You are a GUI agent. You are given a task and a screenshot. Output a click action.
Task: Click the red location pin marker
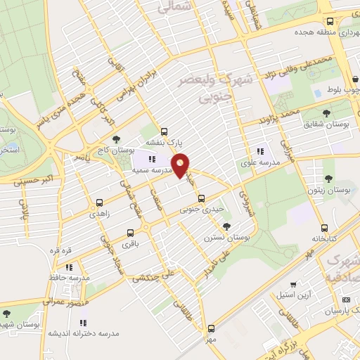(x=181, y=166)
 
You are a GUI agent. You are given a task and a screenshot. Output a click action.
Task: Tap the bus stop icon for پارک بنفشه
(x=165, y=131)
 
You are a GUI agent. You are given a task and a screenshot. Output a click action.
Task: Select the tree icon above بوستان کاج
(x=115, y=139)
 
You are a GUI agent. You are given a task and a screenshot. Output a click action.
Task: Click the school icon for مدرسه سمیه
(x=152, y=160)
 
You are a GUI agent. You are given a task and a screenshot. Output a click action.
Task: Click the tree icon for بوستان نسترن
(x=226, y=226)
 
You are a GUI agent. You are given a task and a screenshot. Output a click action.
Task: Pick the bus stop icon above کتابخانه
(x=324, y=228)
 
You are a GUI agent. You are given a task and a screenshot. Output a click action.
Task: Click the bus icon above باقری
(x=129, y=233)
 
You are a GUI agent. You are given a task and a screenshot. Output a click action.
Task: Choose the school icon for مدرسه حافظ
(x=69, y=267)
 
